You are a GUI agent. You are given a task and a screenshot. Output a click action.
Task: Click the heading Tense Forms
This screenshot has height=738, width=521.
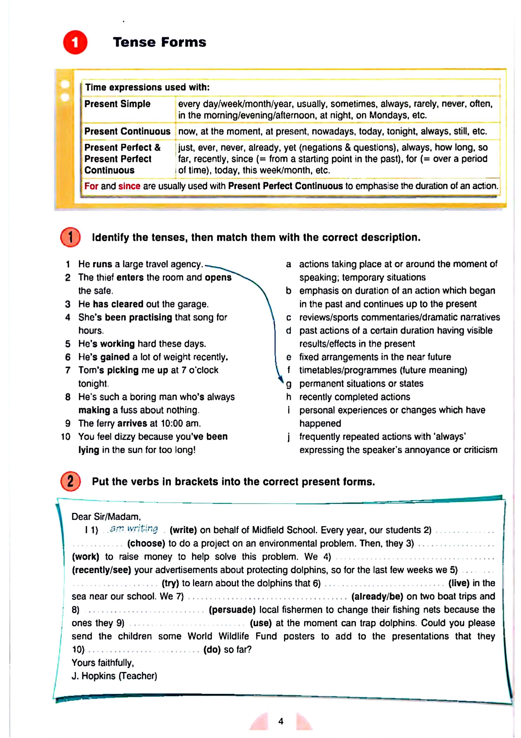click(x=159, y=42)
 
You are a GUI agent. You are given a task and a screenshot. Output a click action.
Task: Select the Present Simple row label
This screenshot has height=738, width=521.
click(x=117, y=104)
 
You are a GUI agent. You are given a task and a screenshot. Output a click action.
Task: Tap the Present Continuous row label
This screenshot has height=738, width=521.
click(x=127, y=131)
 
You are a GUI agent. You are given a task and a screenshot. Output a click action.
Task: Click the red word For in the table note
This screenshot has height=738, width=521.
click(x=91, y=186)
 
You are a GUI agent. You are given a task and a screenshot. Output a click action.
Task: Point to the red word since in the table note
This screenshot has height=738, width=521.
click(x=129, y=186)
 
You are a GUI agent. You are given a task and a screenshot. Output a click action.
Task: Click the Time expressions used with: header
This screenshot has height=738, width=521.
click(x=147, y=87)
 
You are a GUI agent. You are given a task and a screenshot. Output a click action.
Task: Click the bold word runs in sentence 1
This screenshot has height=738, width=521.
click(x=102, y=264)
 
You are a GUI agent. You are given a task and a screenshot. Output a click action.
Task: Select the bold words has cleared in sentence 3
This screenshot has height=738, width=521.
click(x=118, y=304)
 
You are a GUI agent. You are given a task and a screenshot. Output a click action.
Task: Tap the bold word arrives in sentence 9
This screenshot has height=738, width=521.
click(x=132, y=423)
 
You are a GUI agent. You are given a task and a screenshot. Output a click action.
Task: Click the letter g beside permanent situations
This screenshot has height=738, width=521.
click(x=289, y=384)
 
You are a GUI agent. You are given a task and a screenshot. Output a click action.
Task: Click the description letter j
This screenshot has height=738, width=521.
click(x=289, y=437)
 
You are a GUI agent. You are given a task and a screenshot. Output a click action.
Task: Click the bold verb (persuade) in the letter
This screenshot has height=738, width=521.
click(x=232, y=610)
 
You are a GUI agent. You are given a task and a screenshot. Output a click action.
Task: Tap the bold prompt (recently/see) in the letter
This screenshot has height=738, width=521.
click(x=101, y=570)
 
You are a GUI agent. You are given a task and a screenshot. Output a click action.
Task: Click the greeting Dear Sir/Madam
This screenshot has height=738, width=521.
click(x=106, y=517)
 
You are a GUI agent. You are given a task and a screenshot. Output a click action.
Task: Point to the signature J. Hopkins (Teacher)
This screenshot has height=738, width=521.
click(x=114, y=676)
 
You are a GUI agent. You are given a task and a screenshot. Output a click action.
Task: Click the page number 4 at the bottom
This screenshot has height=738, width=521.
click(x=281, y=721)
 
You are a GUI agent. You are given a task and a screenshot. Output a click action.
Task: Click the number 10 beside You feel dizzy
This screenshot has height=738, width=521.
click(x=66, y=437)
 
